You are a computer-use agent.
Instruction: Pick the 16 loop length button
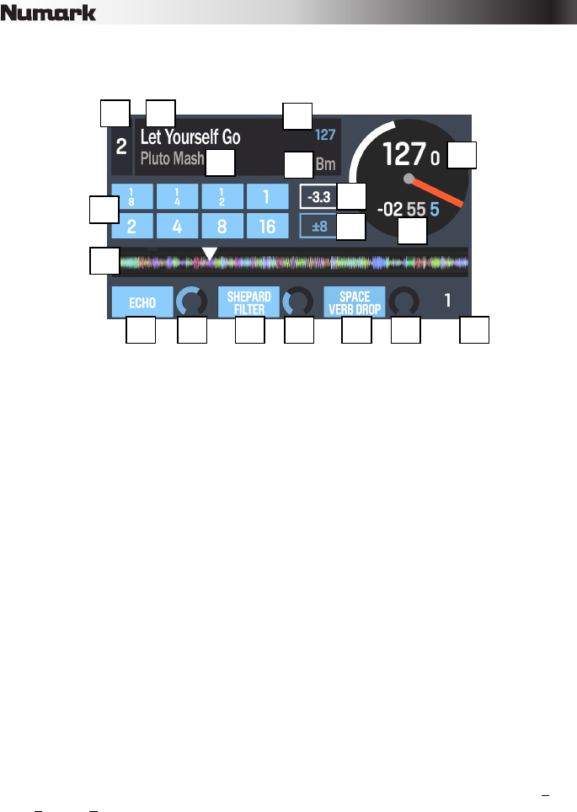click(266, 227)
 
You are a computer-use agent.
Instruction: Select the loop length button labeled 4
click(178, 227)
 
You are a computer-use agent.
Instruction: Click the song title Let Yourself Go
click(190, 137)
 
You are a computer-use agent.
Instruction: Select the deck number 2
click(121, 147)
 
